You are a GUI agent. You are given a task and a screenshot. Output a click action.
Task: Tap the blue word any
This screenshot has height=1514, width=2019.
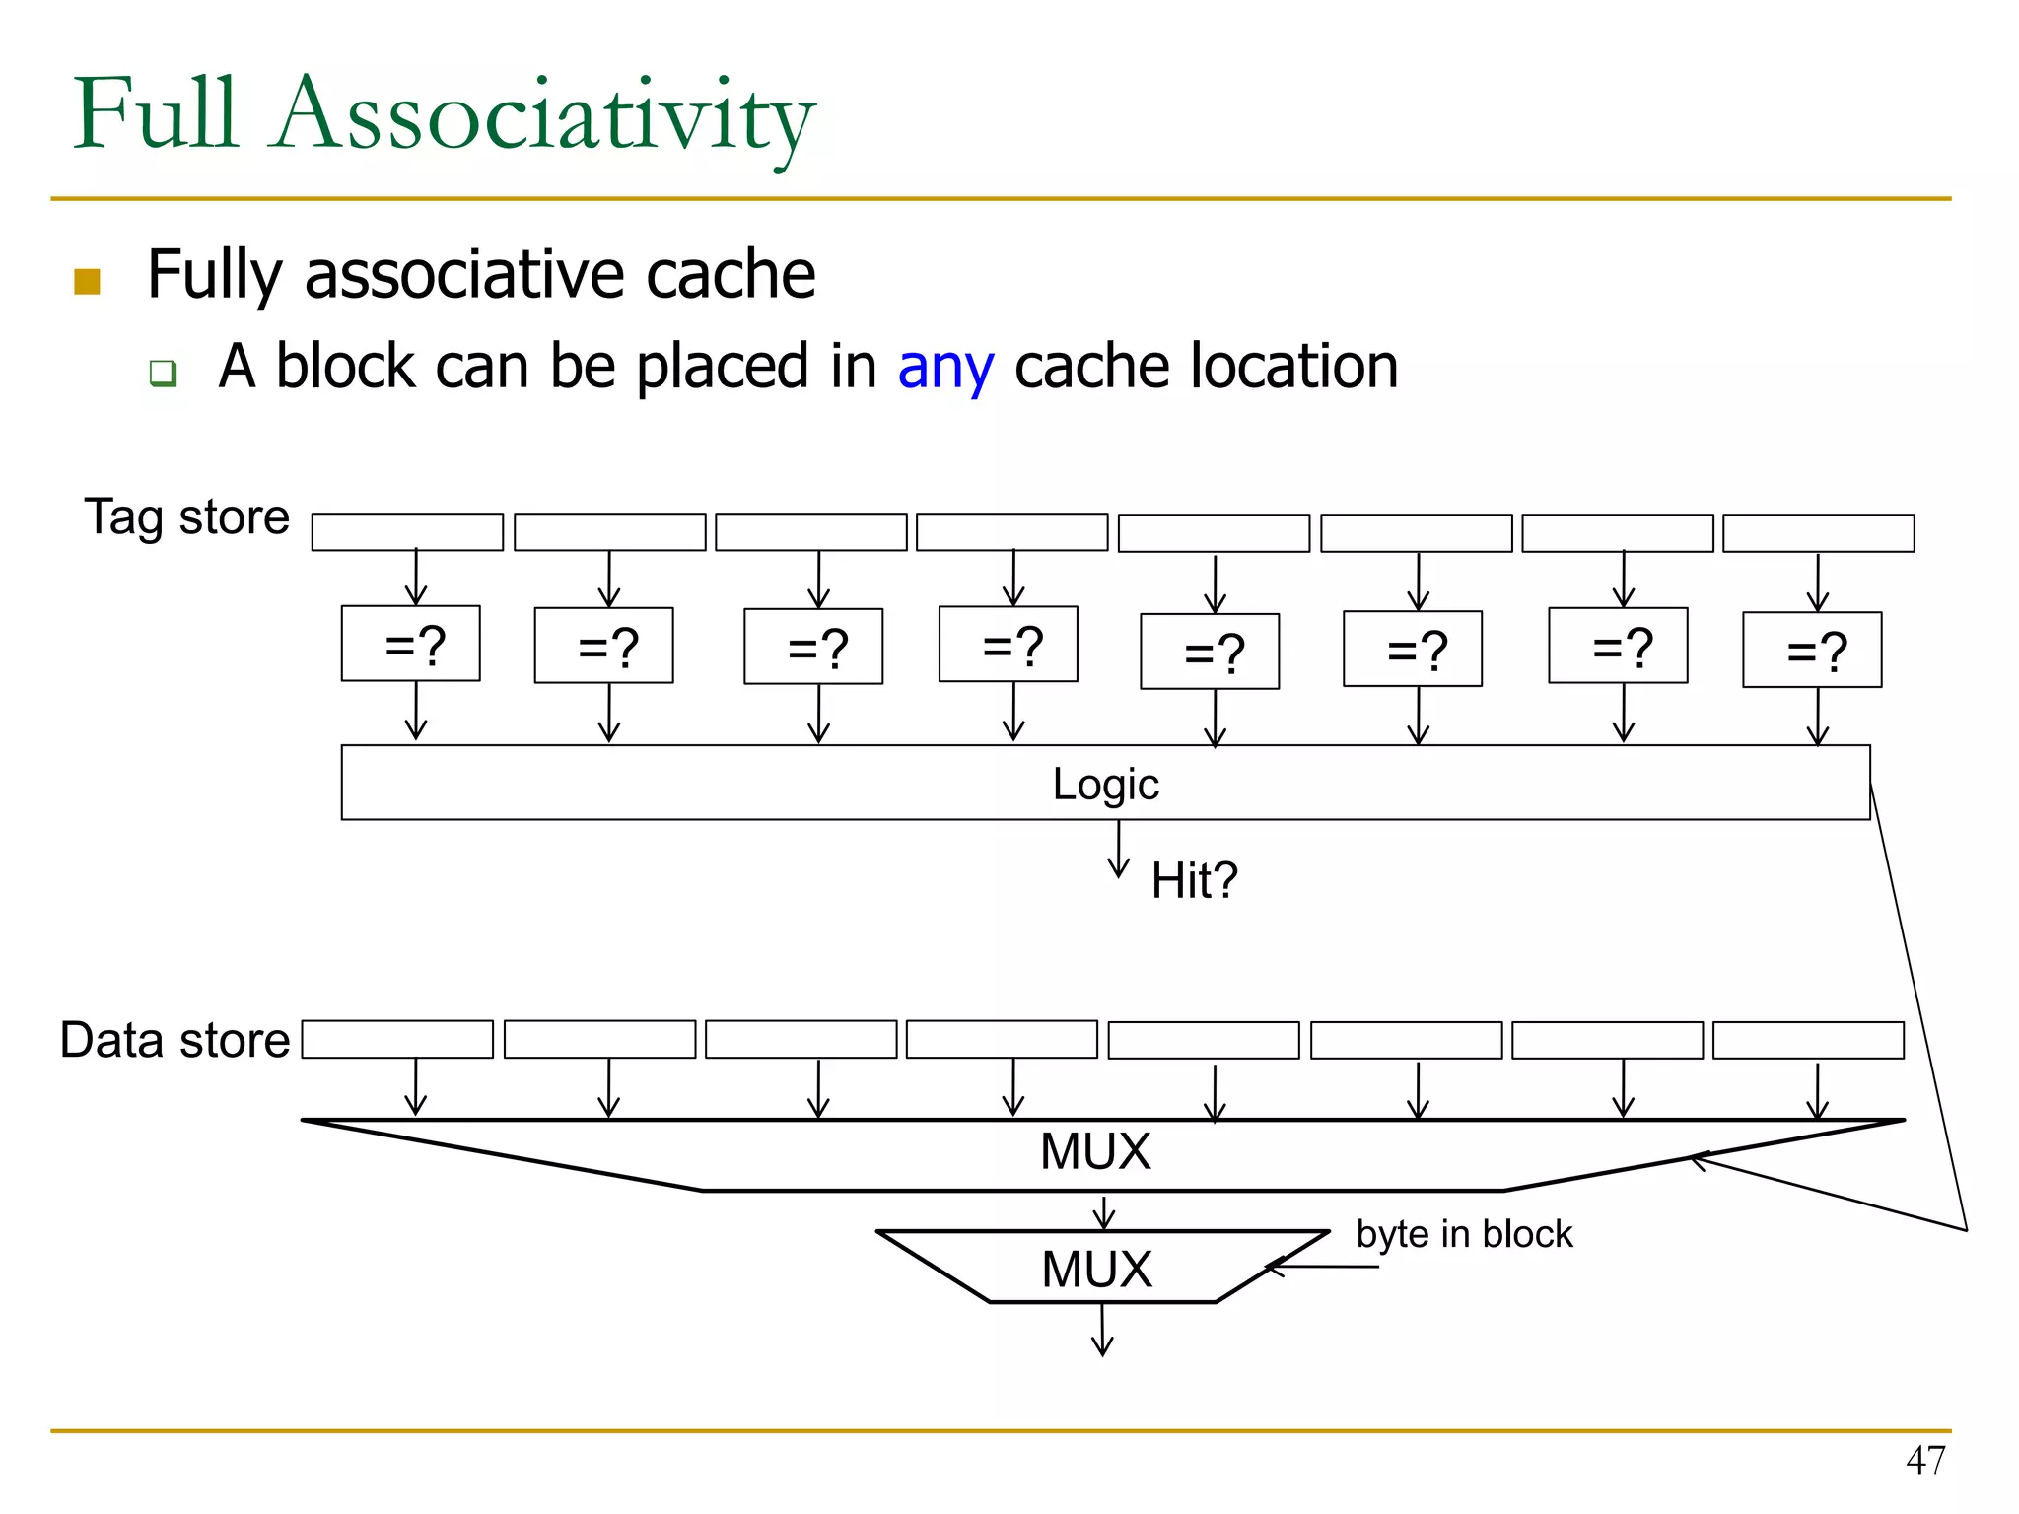pos(944,367)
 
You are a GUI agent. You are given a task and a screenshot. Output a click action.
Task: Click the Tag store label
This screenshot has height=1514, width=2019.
pos(187,516)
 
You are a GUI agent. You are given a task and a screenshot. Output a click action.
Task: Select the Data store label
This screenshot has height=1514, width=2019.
pos(174,1040)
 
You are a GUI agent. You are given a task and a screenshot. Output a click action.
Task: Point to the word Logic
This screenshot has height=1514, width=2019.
pos(1105,784)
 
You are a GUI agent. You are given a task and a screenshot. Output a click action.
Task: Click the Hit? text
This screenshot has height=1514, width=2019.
pos(1194,880)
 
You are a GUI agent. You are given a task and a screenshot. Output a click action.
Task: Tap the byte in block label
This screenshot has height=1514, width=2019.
pos(1464,1234)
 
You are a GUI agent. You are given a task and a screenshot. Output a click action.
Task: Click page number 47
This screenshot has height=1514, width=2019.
pos(1925,1460)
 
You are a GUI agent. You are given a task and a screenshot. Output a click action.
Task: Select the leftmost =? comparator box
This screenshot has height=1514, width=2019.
pos(410,644)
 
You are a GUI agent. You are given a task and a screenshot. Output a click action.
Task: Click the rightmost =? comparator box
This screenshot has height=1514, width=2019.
pos(1812,650)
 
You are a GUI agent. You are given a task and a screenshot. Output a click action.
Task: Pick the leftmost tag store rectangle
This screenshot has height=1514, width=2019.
pos(407,531)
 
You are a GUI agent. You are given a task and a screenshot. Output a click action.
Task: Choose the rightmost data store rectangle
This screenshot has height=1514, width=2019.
pos(1808,1040)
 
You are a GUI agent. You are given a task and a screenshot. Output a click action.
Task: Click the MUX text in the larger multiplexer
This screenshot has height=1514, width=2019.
pos(1095,1151)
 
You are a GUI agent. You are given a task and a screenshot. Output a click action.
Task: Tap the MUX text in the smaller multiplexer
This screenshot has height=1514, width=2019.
pos(1096,1269)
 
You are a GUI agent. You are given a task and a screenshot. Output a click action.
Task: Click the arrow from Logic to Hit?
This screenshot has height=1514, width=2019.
pos(1118,850)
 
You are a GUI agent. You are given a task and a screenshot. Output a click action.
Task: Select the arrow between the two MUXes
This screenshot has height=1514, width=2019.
pos(1104,1212)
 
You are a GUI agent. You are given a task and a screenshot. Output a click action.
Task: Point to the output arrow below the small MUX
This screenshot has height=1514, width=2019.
pos(1102,1331)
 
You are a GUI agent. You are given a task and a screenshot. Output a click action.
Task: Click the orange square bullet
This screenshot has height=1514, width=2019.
pos(87,281)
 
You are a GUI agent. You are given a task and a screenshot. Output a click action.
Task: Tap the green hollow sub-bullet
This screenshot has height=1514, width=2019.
pos(163,373)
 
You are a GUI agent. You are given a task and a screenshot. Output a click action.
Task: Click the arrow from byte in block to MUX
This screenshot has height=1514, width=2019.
pos(1321,1267)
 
